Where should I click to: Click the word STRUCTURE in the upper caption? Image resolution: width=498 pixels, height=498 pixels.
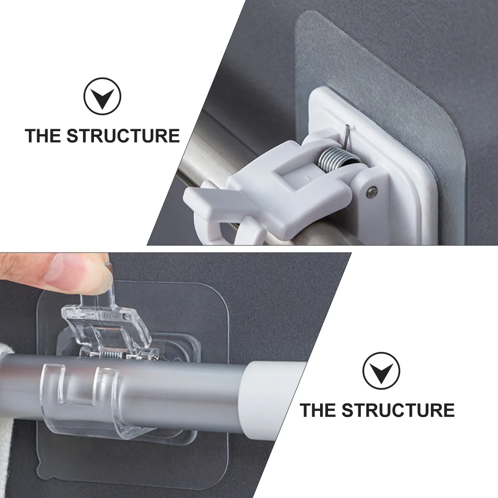123,136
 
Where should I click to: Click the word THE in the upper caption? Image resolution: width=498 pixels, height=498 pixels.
43,136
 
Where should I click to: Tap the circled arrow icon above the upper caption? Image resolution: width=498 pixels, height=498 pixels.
102,96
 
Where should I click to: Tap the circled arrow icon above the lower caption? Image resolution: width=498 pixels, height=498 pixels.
381,371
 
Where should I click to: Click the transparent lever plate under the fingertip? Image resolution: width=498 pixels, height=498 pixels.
105,321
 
